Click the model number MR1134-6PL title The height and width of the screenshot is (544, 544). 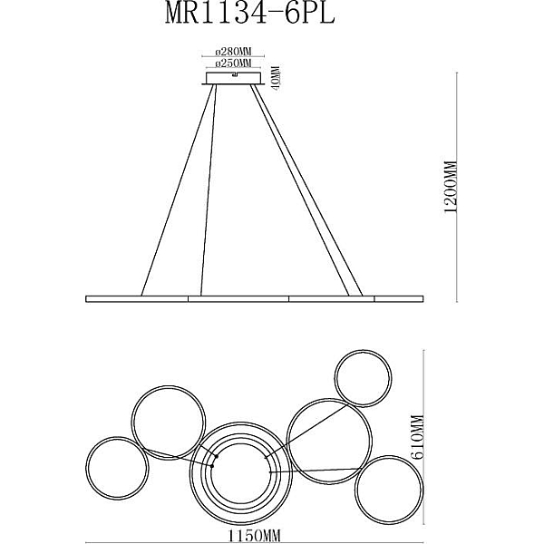[249, 14]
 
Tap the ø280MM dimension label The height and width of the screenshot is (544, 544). [233, 52]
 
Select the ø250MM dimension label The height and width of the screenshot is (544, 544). [233, 63]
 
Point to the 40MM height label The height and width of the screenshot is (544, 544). [277, 78]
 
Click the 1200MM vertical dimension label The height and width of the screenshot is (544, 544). [451, 188]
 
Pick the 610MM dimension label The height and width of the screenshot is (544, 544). [418, 437]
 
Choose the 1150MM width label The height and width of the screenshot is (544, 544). [254, 536]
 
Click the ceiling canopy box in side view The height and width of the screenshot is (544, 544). [233, 78]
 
